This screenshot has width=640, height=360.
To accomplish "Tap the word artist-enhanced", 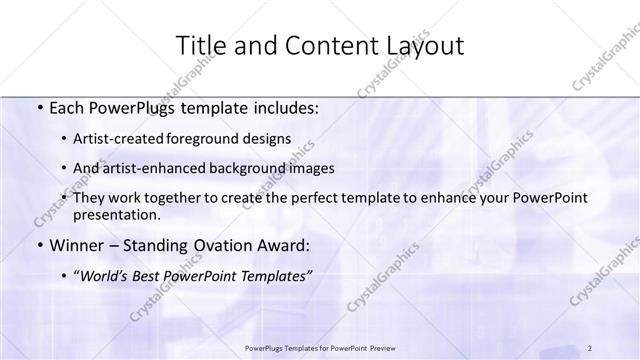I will click(168, 168).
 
